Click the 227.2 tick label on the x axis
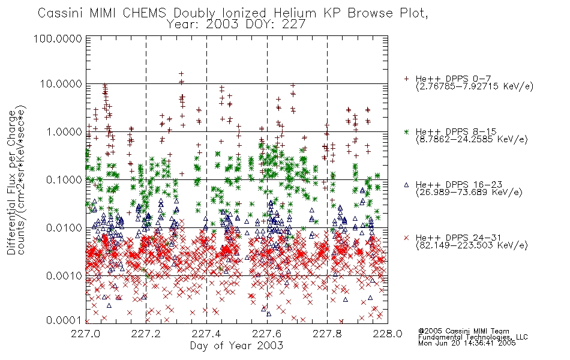point(146,334)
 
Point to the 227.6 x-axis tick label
point(266,334)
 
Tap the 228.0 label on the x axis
point(388,334)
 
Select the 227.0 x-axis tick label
point(85,334)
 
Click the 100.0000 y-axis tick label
point(58,38)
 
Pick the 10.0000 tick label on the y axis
point(61,84)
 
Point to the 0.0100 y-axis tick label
point(64,228)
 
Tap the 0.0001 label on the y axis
point(64,320)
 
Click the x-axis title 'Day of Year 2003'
point(236,346)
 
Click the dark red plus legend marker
point(406,79)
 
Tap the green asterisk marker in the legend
point(406,131)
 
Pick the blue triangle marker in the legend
point(406,185)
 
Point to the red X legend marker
point(406,238)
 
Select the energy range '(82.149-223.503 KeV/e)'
point(472,245)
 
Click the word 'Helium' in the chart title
point(295,13)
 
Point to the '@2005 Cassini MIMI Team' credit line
point(463,331)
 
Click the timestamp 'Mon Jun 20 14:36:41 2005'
point(467,343)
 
